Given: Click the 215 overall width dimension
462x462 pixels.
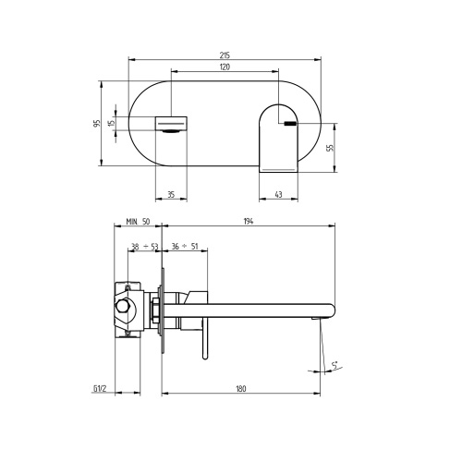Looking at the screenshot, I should click(x=225, y=55).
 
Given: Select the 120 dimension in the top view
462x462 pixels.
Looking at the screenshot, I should click(x=225, y=68).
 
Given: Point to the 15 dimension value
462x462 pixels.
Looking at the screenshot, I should click(x=111, y=124).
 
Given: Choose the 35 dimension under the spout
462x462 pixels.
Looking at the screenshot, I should click(x=171, y=195).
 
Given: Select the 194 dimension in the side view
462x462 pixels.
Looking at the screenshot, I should click(x=249, y=223).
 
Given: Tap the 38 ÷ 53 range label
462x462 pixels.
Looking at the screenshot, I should click(x=144, y=247).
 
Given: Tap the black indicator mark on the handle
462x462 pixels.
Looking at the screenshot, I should click(x=290, y=122).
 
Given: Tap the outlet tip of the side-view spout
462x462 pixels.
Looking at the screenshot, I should click(x=324, y=314).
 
